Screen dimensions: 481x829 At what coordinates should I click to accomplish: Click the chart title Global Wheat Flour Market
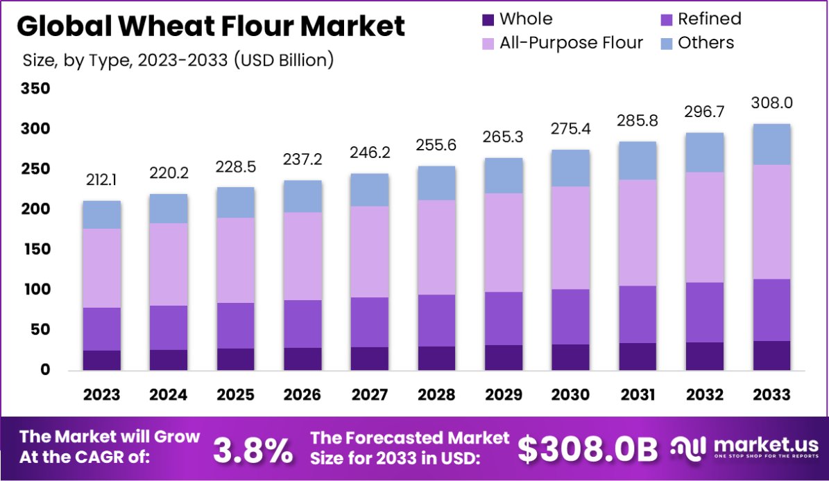tap(210, 26)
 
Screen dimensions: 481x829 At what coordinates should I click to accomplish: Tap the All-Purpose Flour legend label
tap(570, 43)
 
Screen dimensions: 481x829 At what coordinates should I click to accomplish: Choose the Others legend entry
tap(706, 43)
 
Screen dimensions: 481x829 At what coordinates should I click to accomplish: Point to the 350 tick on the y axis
tap(35, 89)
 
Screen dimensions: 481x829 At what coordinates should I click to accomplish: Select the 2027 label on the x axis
tap(369, 395)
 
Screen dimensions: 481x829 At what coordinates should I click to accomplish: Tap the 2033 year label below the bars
tap(771, 395)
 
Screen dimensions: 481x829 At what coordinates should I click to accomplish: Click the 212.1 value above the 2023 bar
tap(102, 180)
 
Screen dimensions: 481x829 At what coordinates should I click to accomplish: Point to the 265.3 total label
tap(504, 137)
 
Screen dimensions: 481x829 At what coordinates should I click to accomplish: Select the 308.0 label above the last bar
tap(771, 103)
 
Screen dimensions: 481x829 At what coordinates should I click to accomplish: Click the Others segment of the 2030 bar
tap(570, 168)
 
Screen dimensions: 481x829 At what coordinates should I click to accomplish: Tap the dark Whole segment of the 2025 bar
tap(235, 359)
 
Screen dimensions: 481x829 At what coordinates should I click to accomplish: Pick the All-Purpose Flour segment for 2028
tap(436, 247)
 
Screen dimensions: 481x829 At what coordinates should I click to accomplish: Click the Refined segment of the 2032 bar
tap(705, 312)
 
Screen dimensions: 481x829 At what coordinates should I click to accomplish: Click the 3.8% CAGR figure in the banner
tap(253, 450)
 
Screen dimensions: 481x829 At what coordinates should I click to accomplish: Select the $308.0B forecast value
tap(588, 450)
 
